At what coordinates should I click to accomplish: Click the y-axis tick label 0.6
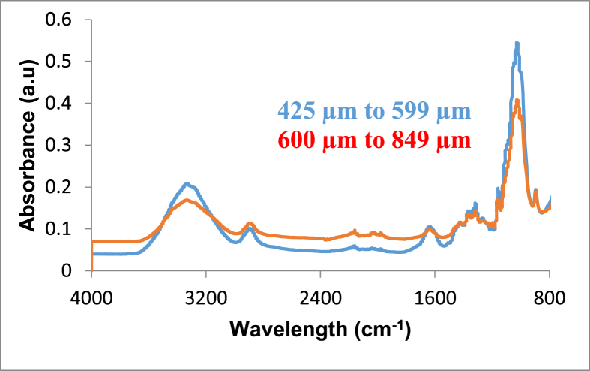(x=61, y=20)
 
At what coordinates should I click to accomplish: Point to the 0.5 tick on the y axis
(x=61, y=62)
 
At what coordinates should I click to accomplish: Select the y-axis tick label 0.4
(x=61, y=104)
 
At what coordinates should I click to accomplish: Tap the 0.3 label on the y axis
(x=61, y=146)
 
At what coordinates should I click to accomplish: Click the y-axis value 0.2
(x=61, y=187)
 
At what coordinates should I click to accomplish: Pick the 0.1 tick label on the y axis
(x=61, y=229)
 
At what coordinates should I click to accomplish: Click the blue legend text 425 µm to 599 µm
(x=374, y=111)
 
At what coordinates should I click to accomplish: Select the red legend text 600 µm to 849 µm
(x=374, y=140)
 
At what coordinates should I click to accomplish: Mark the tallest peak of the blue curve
(x=517, y=44)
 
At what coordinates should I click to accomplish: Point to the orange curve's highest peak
(x=517, y=101)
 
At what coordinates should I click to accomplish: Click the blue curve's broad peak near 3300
(x=187, y=183)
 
